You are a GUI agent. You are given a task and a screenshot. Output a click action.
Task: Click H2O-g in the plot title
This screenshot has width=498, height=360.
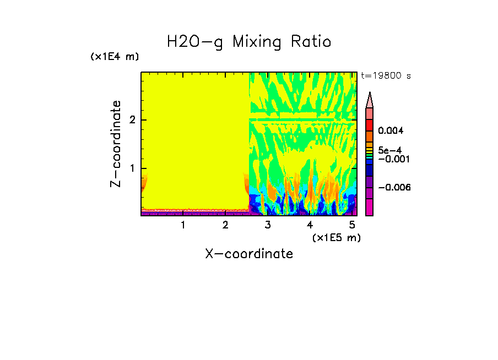[196, 42]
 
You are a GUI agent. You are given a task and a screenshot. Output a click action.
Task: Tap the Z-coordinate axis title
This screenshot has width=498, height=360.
[116, 144]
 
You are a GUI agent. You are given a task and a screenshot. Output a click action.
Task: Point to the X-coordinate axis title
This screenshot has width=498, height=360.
[249, 254]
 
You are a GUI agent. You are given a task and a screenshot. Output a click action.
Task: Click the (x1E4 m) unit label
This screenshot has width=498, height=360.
[115, 57]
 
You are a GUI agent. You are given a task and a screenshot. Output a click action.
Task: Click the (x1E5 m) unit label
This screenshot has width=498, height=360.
[336, 237]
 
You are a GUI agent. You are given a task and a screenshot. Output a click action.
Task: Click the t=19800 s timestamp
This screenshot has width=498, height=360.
[386, 76]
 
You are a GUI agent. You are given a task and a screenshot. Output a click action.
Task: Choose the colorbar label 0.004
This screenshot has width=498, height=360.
[391, 131]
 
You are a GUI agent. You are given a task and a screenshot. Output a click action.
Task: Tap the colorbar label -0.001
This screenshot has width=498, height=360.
[393, 159]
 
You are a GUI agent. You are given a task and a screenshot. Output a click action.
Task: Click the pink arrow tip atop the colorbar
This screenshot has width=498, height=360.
[370, 100]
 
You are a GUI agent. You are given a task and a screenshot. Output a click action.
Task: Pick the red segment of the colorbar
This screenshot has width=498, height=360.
[370, 124]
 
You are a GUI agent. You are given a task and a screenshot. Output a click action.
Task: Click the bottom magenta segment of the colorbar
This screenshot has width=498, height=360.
[370, 208]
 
